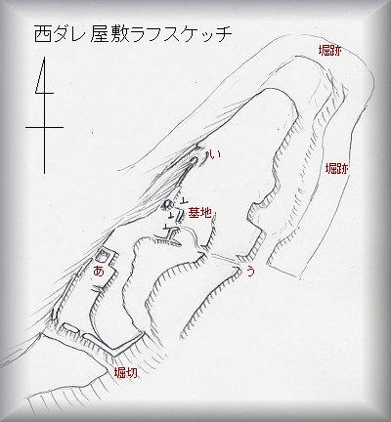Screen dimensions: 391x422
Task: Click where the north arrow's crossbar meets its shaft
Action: (44, 127)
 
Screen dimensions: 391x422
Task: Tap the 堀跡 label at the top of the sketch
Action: (330, 51)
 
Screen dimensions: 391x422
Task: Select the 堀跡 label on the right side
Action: (337, 169)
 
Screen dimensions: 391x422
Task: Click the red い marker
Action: (214, 155)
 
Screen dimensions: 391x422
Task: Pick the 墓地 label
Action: (199, 214)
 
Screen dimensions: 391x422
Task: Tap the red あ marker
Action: (99, 271)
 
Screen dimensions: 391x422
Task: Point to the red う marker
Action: (249, 271)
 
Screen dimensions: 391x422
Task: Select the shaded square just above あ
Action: (102, 256)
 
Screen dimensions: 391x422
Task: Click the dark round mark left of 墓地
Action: (167, 205)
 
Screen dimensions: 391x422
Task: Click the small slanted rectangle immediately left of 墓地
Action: (180, 216)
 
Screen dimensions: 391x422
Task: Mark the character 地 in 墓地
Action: (205, 214)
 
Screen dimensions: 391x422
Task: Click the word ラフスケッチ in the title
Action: (182, 34)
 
